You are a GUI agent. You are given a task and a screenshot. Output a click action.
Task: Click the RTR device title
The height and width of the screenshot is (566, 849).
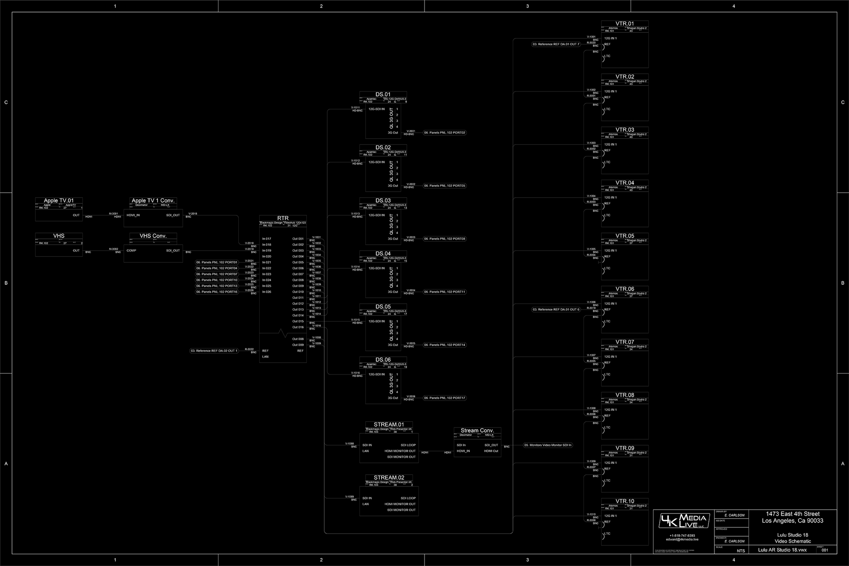283,218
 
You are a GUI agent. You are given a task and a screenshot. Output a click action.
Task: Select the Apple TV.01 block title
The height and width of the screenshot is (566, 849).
59,200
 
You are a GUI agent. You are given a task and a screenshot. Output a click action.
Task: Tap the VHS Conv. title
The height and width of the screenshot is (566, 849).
153,236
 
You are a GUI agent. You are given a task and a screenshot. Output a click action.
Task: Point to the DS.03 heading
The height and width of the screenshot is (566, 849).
383,200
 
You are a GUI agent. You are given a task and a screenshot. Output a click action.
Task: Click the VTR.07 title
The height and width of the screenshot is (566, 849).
624,342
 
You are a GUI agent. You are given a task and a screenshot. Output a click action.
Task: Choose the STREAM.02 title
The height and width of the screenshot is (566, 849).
389,478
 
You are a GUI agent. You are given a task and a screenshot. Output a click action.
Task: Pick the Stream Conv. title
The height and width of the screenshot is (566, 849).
477,430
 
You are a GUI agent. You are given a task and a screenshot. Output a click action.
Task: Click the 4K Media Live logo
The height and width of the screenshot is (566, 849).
684,521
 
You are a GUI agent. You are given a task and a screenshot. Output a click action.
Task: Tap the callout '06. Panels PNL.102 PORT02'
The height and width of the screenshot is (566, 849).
444,133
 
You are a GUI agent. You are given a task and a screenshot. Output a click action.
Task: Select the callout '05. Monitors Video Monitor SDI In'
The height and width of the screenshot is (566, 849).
548,445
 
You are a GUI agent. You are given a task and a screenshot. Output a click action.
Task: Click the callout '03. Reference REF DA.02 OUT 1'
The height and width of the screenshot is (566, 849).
214,351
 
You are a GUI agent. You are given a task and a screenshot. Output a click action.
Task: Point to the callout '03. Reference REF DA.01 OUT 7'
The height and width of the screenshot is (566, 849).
556,44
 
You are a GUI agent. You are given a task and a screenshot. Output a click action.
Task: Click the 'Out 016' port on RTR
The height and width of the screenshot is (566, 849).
298,327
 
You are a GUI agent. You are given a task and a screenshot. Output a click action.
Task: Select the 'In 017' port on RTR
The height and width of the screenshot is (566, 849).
267,239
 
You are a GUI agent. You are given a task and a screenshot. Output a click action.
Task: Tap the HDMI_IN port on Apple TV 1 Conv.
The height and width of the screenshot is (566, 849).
133,215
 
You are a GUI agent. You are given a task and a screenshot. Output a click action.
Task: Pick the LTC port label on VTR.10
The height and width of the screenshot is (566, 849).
608,534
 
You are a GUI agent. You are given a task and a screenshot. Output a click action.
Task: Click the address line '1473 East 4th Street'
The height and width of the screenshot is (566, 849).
792,514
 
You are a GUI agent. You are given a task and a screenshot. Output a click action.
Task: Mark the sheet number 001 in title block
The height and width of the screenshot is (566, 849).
825,550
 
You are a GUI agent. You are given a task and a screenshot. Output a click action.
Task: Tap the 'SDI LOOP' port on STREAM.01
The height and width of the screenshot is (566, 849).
408,445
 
